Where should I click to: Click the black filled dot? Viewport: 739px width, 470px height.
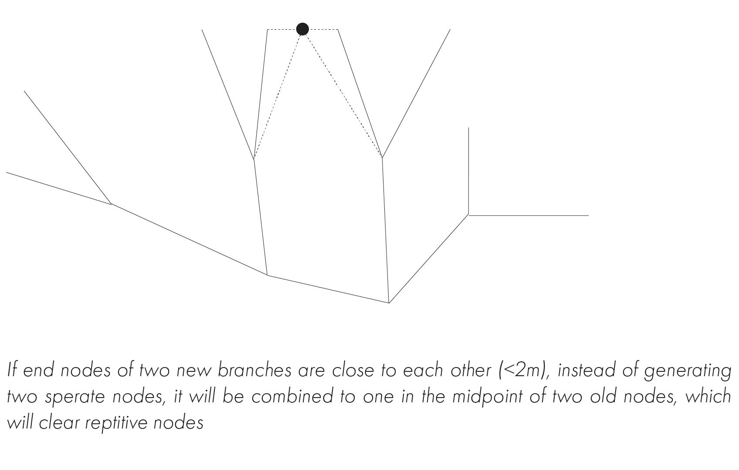click(x=302, y=29)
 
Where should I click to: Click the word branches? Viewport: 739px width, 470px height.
click(x=254, y=371)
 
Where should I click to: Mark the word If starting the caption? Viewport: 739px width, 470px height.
click(x=12, y=371)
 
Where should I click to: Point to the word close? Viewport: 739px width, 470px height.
click(x=353, y=371)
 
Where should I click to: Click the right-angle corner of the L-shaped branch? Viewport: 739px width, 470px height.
click(x=468, y=215)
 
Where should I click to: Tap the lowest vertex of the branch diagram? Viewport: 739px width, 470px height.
click(x=389, y=302)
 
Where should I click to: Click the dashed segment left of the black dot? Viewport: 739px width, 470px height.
click(x=281, y=29)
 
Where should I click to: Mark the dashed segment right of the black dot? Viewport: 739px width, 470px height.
click(x=324, y=29)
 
